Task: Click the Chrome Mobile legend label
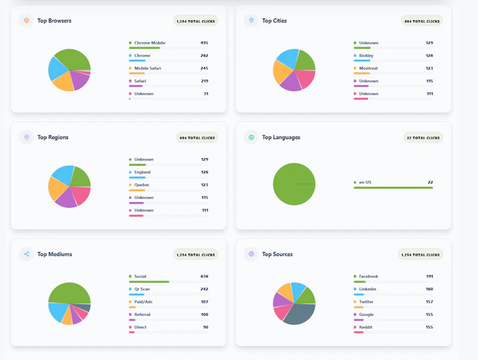pyautogui.click(x=150, y=43)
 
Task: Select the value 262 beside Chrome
pyautogui.click(x=204, y=56)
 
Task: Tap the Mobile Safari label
pyautogui.click(x=148, y=68)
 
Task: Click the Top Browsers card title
pyautogui.click(x=54, y=21)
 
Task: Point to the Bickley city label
pyautogui.click(x=366, y=56)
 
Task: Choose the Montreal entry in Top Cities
pyautogui.click(x=368, y=68)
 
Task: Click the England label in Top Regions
pyautogui.click(x=142, y=172)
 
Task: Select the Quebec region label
pyautogui.click(x=142, y=185)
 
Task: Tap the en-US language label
pyautogui.click(x=365, y=183)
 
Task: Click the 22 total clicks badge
pyautogui.click(x=423, y=138)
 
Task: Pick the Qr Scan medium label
pyautogui.click(x=142, y=289)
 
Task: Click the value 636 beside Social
pyautogui.click(x=204, y=276)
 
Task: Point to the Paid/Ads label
pyautogui.click(x=143, y=302)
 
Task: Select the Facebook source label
pyautogui.click(x=368, y=276)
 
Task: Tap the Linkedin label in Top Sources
pyautogui.click(x=367, y=289)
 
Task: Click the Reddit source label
pyautogui.click(x=366, y=327)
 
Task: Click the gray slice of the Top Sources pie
pyautogui.click(x=301, y=313)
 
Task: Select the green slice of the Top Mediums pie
pyautogui.click(x=69, y=293)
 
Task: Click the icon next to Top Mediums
pyautogui.click(x=26, y=254)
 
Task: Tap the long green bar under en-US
pyautogui.click(x=393, y=188)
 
